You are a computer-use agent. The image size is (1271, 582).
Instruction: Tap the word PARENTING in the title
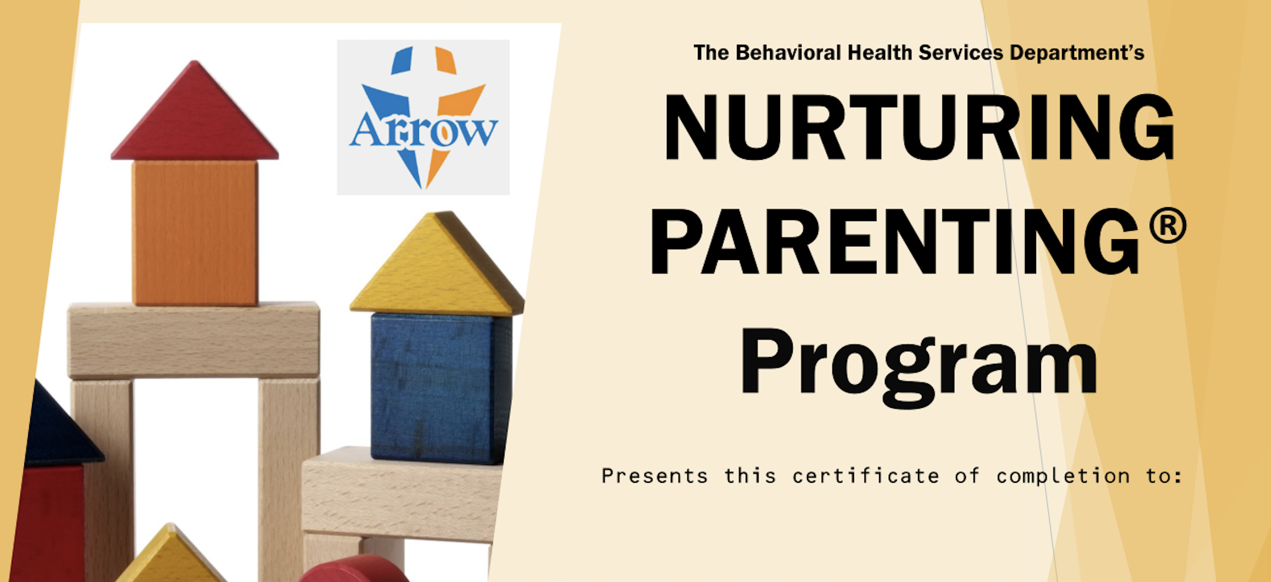[x=894, y=242]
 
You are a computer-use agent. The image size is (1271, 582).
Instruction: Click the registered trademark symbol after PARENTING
[x=1167, y=225]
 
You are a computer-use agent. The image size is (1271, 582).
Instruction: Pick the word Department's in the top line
[x=1077, y=53]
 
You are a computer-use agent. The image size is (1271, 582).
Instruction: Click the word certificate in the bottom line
[x=866, y=476]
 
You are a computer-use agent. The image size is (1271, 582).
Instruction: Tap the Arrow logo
[x=423, y=117]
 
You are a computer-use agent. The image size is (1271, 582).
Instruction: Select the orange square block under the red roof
[x=195, y=233]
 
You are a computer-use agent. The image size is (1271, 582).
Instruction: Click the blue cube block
[x=440, y=388]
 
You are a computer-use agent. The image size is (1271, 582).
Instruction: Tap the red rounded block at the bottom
[x=354, y=569]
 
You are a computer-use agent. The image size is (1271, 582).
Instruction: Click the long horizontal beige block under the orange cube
[x=194, y=340]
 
